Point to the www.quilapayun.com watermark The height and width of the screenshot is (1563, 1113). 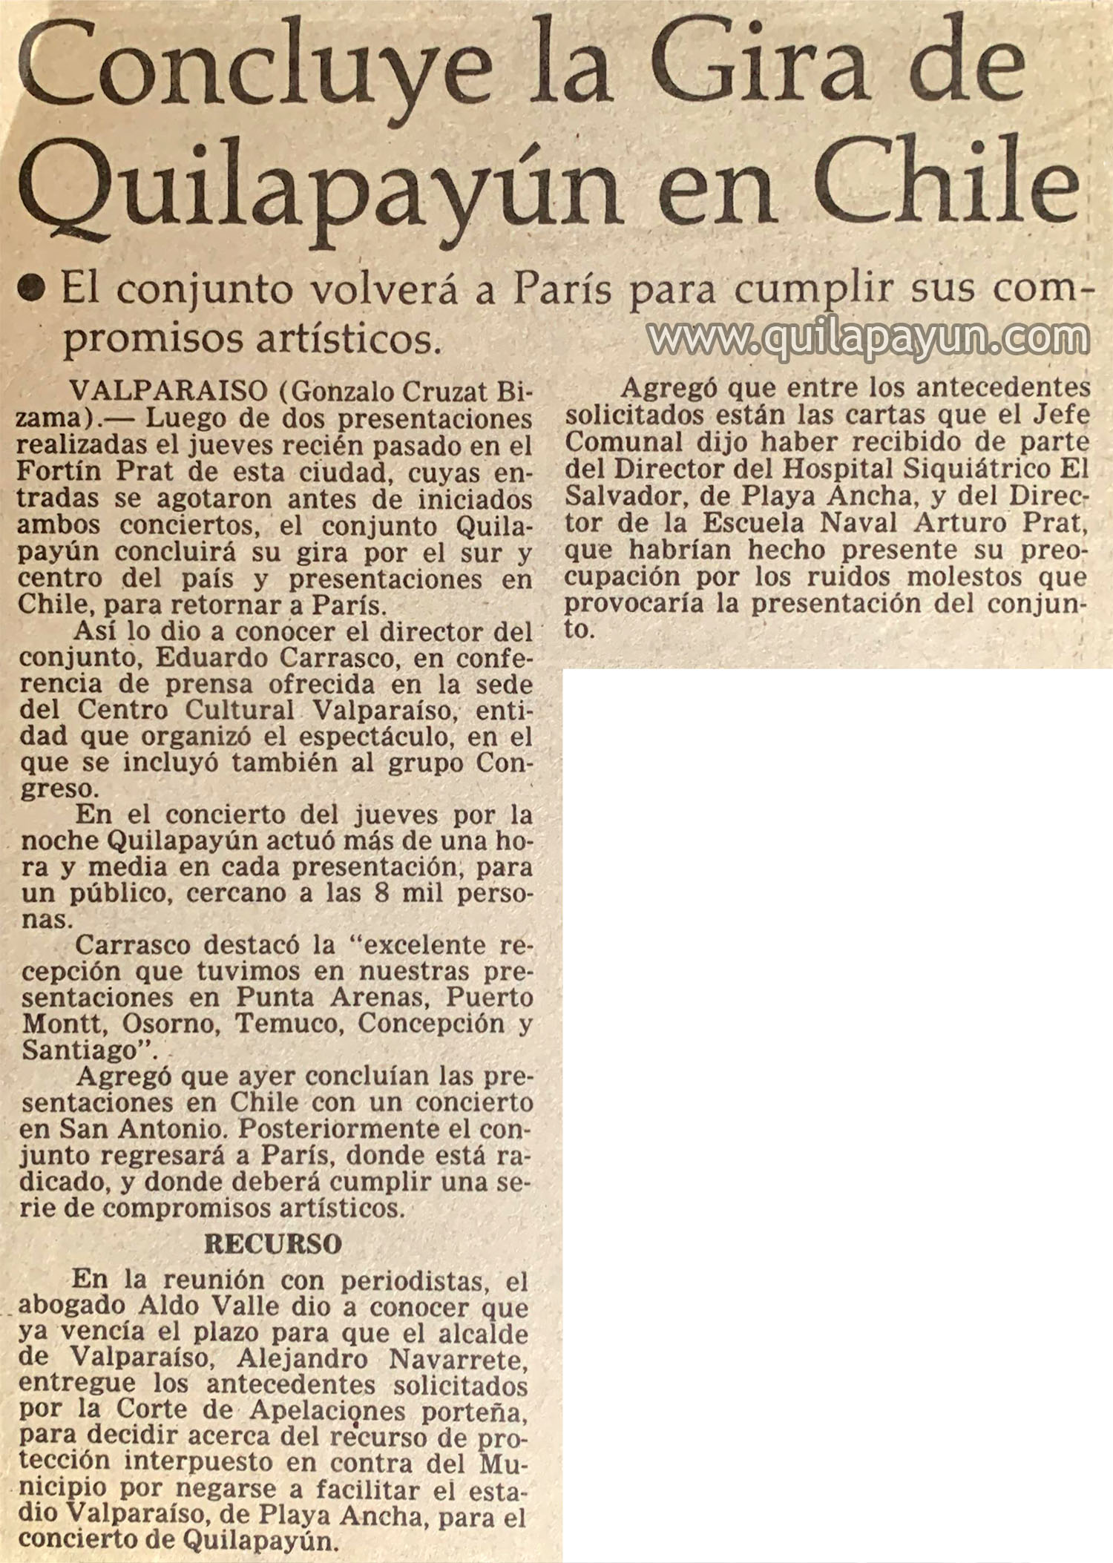coord(868,340)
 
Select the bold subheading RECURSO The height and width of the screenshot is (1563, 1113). coord(272,1244)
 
